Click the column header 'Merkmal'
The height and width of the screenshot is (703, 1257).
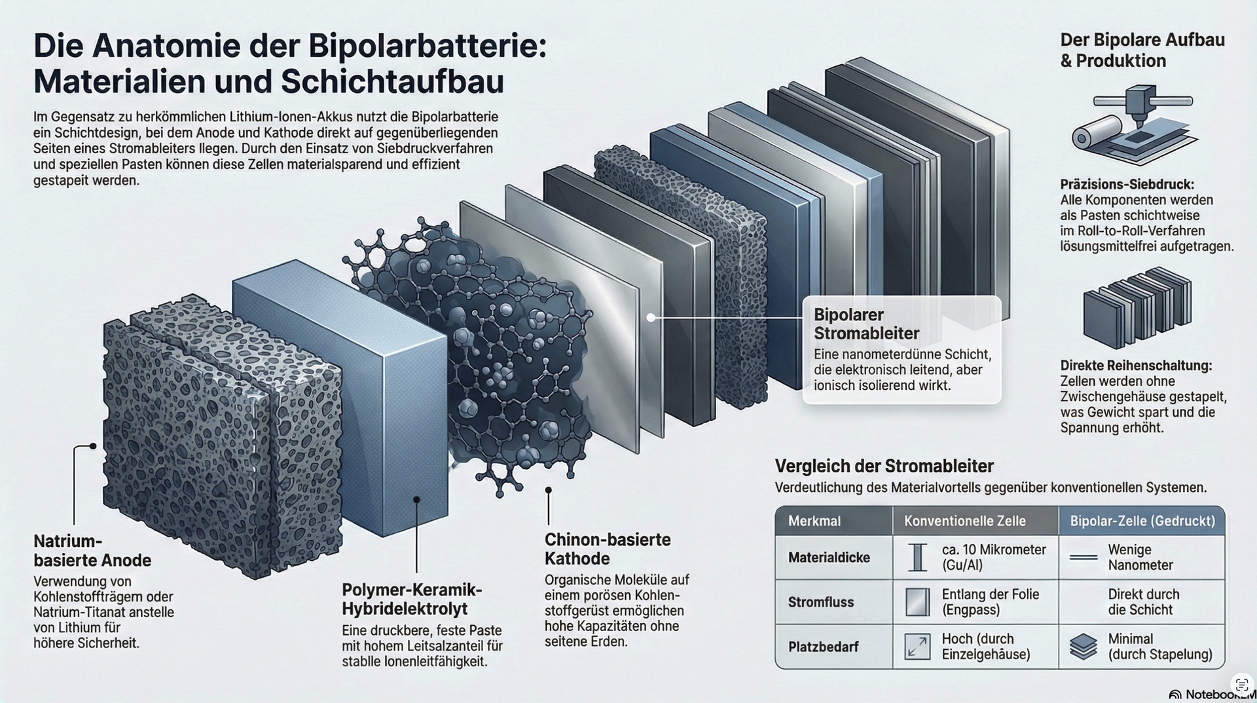click(814, 522)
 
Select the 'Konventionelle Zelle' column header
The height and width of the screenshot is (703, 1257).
click(965, 522)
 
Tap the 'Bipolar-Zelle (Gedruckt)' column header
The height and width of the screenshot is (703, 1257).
click(1142, 522)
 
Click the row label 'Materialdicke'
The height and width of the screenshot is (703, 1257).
click(829, 558)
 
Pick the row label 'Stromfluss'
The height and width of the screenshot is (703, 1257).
click(821, 602)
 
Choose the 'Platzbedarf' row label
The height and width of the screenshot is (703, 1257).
click(823, 647)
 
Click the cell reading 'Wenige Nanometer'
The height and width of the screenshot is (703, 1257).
click(1140, 558)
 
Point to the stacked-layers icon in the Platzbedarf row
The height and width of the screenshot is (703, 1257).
click(1084, 647)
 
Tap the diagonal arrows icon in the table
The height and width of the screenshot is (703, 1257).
click(917, 647)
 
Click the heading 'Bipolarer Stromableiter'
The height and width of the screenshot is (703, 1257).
click(867, 324)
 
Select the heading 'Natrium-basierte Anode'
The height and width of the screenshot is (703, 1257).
click(92, 551)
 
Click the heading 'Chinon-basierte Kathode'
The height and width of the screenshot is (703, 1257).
click(608, 549)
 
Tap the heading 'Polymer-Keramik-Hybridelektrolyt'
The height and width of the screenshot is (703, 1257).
click(412, 599)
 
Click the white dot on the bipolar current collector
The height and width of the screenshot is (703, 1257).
click(651, 318)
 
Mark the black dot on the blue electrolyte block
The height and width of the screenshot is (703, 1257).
click(416, 499)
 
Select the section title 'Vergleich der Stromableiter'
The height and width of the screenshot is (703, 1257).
click(884, 466)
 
